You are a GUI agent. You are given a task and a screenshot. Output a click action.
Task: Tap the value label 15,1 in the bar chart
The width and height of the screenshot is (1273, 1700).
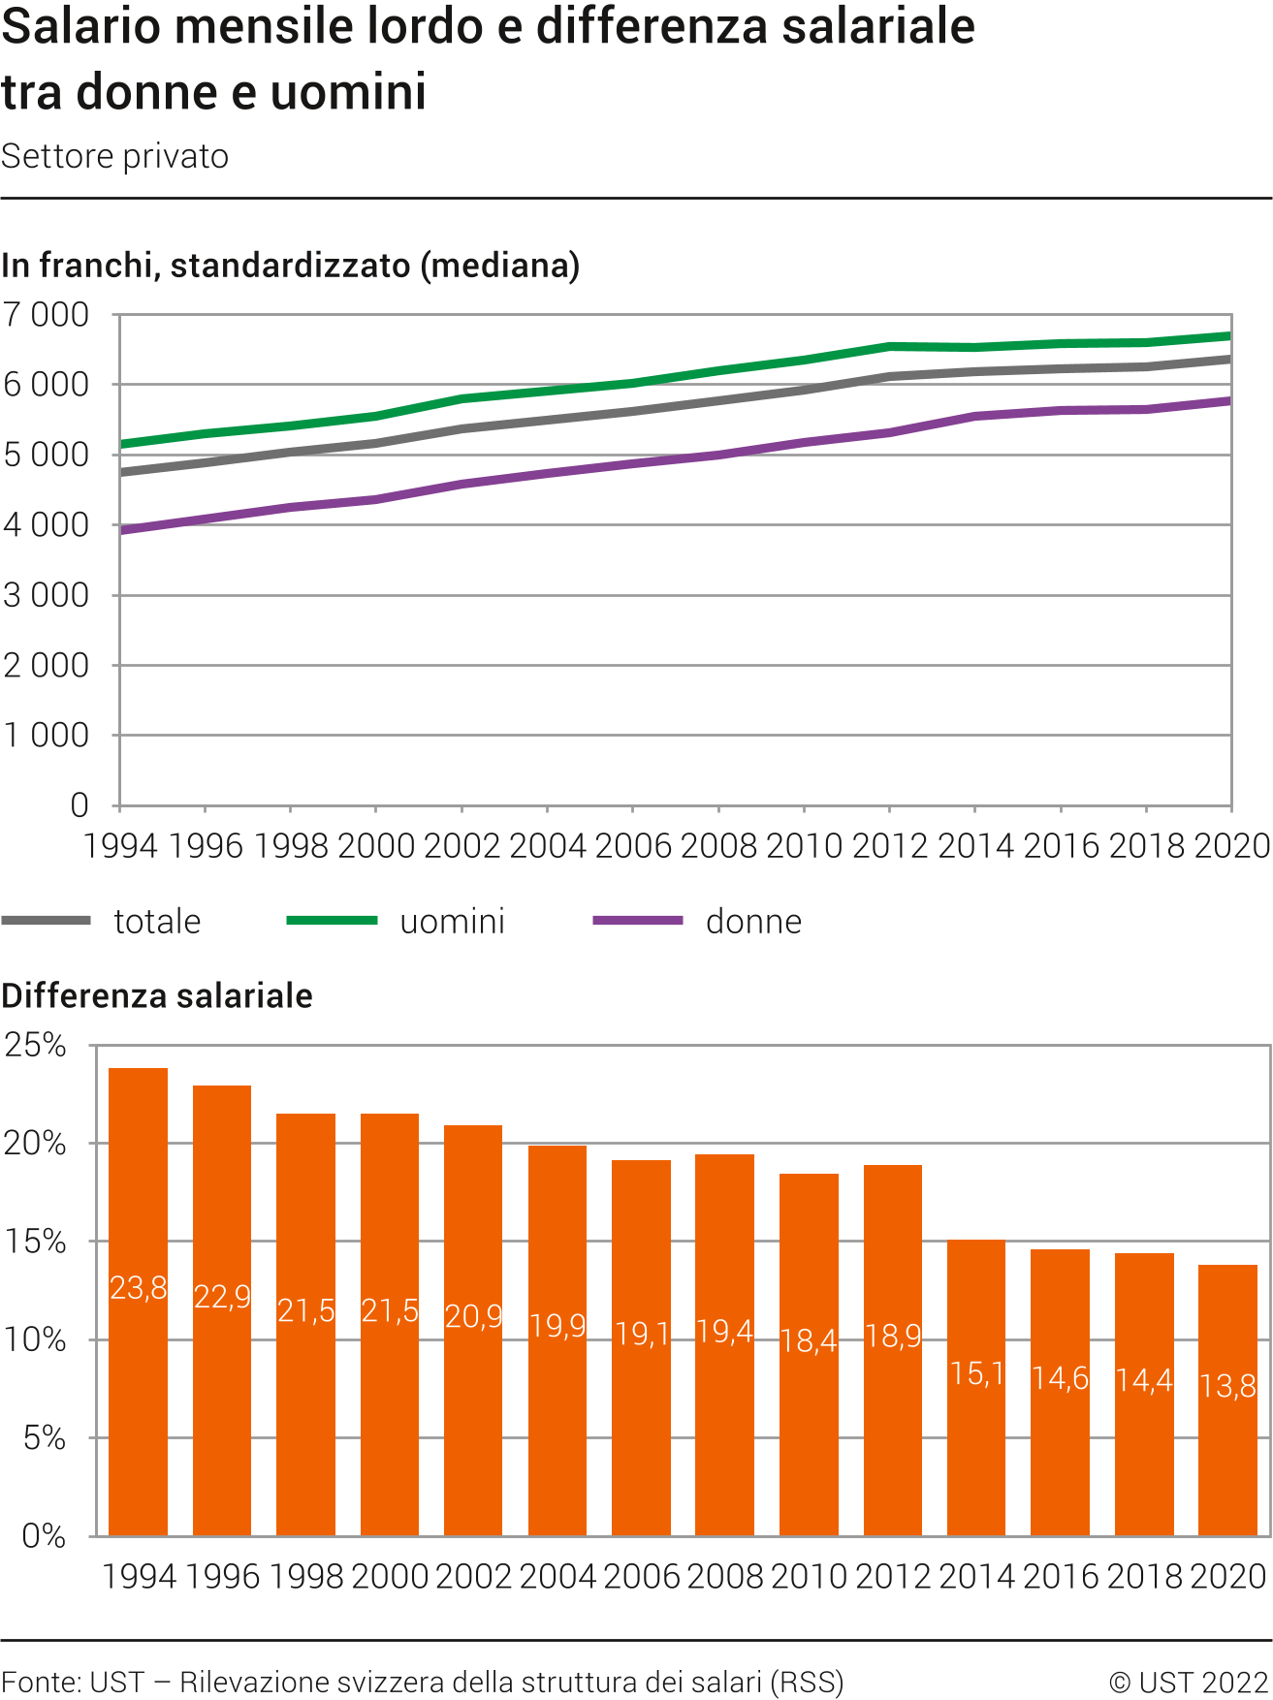976,1373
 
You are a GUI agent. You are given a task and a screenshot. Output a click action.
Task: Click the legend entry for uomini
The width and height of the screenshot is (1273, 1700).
452,921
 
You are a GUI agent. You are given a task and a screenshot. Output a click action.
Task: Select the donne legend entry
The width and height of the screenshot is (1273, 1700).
753,921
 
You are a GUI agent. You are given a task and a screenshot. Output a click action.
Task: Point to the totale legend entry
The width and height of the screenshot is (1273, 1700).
157,921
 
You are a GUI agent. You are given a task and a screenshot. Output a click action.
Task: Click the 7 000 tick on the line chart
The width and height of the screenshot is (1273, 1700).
46,315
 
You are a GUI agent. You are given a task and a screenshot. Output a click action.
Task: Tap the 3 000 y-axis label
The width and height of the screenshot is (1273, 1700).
46,595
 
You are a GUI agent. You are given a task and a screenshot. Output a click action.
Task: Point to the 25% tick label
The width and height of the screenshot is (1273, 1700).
35,1045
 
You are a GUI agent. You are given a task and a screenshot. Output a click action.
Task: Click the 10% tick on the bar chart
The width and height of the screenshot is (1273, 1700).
35,1339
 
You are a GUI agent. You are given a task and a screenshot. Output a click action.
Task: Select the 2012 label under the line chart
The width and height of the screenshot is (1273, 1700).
889,846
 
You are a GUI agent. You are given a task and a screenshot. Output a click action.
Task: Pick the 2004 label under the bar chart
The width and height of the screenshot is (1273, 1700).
557,1576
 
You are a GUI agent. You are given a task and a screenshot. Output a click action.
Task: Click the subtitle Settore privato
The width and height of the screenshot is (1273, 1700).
114,156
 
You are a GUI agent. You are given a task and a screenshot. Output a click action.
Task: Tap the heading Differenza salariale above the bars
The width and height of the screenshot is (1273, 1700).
157,995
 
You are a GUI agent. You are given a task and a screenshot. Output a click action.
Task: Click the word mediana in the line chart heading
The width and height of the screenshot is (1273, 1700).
498,265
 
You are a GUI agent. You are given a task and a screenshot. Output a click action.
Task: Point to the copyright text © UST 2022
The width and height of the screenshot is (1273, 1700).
1189,1682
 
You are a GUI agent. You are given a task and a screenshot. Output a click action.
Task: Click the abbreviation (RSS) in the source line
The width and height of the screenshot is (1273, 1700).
807,1682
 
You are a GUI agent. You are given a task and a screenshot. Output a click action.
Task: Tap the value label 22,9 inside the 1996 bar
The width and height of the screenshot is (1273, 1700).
222,1296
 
